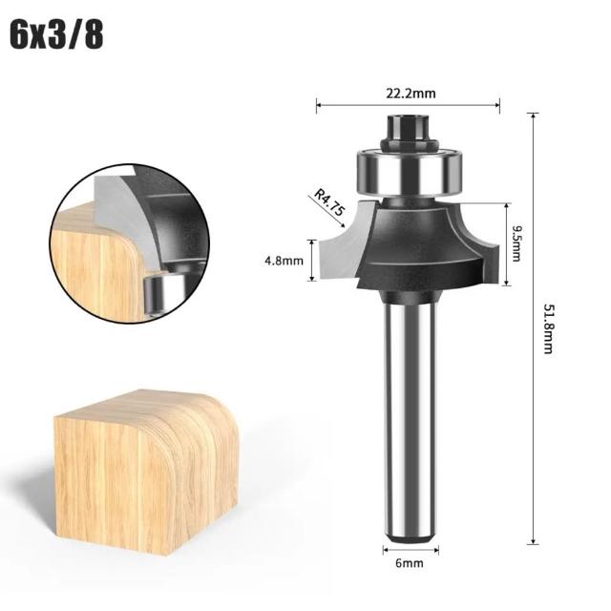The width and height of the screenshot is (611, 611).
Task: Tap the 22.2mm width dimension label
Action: coord(411,94)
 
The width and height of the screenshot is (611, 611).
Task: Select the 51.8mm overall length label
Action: coord(548,328)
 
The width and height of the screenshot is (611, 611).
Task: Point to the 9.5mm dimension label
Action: coord(516,243)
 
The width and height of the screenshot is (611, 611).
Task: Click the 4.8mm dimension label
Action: coord(284,261)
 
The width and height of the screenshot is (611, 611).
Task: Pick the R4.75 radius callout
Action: coord(329,202)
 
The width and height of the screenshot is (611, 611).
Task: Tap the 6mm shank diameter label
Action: coord(410,563)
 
